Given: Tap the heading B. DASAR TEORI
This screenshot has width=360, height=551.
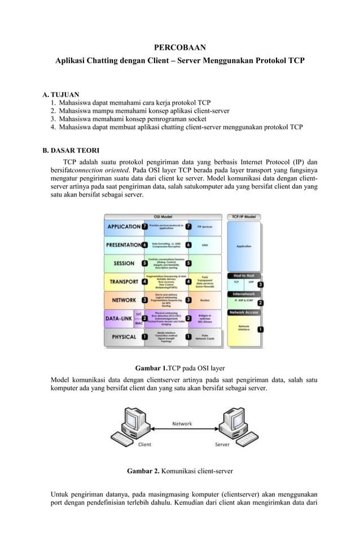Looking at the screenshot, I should click(x=71, y=150).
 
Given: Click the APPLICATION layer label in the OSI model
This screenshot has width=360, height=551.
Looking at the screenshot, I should click(x=122, y=226).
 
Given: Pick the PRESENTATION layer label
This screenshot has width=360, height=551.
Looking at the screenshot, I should click(x=123, y=245).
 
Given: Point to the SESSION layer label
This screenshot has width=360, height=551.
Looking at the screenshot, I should click(x=124, y=263).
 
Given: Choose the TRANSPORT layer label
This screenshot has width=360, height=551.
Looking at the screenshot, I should click(x=123, y=281).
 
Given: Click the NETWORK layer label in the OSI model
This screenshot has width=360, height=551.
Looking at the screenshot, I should click(x=123, y=300).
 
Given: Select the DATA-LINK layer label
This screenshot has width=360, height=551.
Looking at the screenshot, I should click(x=118, y=318).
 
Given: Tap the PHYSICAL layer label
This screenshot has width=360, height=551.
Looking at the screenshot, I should click(x=123, y=337).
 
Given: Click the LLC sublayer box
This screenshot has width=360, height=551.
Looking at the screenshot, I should click(x=138, y=314).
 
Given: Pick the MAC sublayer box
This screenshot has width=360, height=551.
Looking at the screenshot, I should click(x=138, y=323).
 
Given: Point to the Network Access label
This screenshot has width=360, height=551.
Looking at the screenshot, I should click(x=244, y=312).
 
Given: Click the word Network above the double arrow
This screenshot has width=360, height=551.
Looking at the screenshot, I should click(x=182, y=423).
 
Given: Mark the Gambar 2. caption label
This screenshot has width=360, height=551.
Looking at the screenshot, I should click(x=144, y=470).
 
